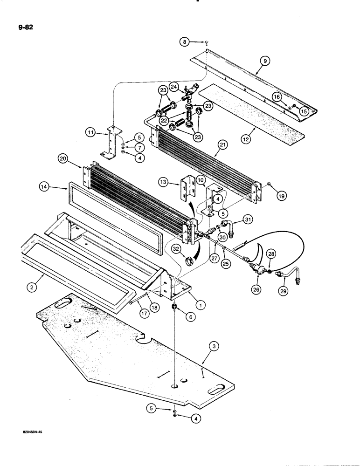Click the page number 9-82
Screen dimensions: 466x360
coord(22,27)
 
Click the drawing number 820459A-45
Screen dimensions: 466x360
coord(24,432)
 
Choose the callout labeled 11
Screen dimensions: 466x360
coord(92,133)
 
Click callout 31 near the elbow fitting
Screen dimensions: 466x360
coord(248,220)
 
